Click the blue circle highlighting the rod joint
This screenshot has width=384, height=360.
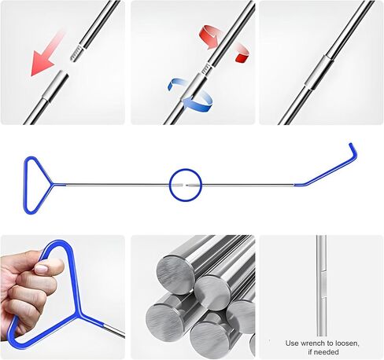[186, 169]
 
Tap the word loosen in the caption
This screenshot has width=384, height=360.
[346, 343]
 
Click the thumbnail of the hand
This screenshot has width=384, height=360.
[62, 297]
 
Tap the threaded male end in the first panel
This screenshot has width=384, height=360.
[76, 54]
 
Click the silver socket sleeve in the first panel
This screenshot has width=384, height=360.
[56, 86]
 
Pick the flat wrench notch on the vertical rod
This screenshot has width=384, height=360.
[323, 285]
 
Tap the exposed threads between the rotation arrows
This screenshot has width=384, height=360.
[206, 68]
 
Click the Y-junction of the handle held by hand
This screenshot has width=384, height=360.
[79, 315]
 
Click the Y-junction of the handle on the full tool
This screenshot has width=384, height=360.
[54, 185]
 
